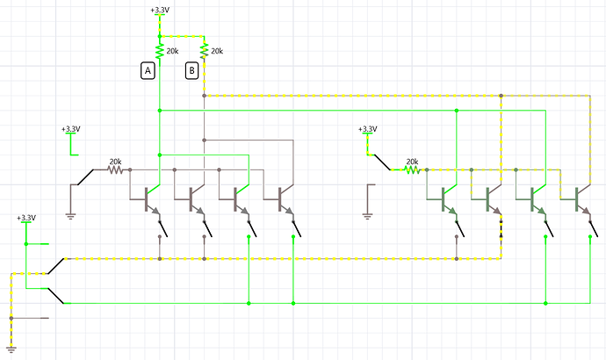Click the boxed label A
[148, 71]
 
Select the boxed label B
[191, 71]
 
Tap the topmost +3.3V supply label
[160, 10]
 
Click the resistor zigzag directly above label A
[160, 52]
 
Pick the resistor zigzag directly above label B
[204, 52]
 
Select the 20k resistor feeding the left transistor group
[115, 169]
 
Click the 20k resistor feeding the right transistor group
[412, 169]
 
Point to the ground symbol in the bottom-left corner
[11, 349]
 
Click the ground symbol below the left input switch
[70, 216]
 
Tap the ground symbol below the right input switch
[367, 216]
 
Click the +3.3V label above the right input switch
[367, 129]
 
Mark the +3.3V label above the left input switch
[71, 129]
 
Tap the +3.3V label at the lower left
[26, 218]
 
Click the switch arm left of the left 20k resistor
[85, 177]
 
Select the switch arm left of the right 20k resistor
[382, 162]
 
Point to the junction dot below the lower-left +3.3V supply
[26, 244]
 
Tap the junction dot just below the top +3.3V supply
[160, 36]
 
